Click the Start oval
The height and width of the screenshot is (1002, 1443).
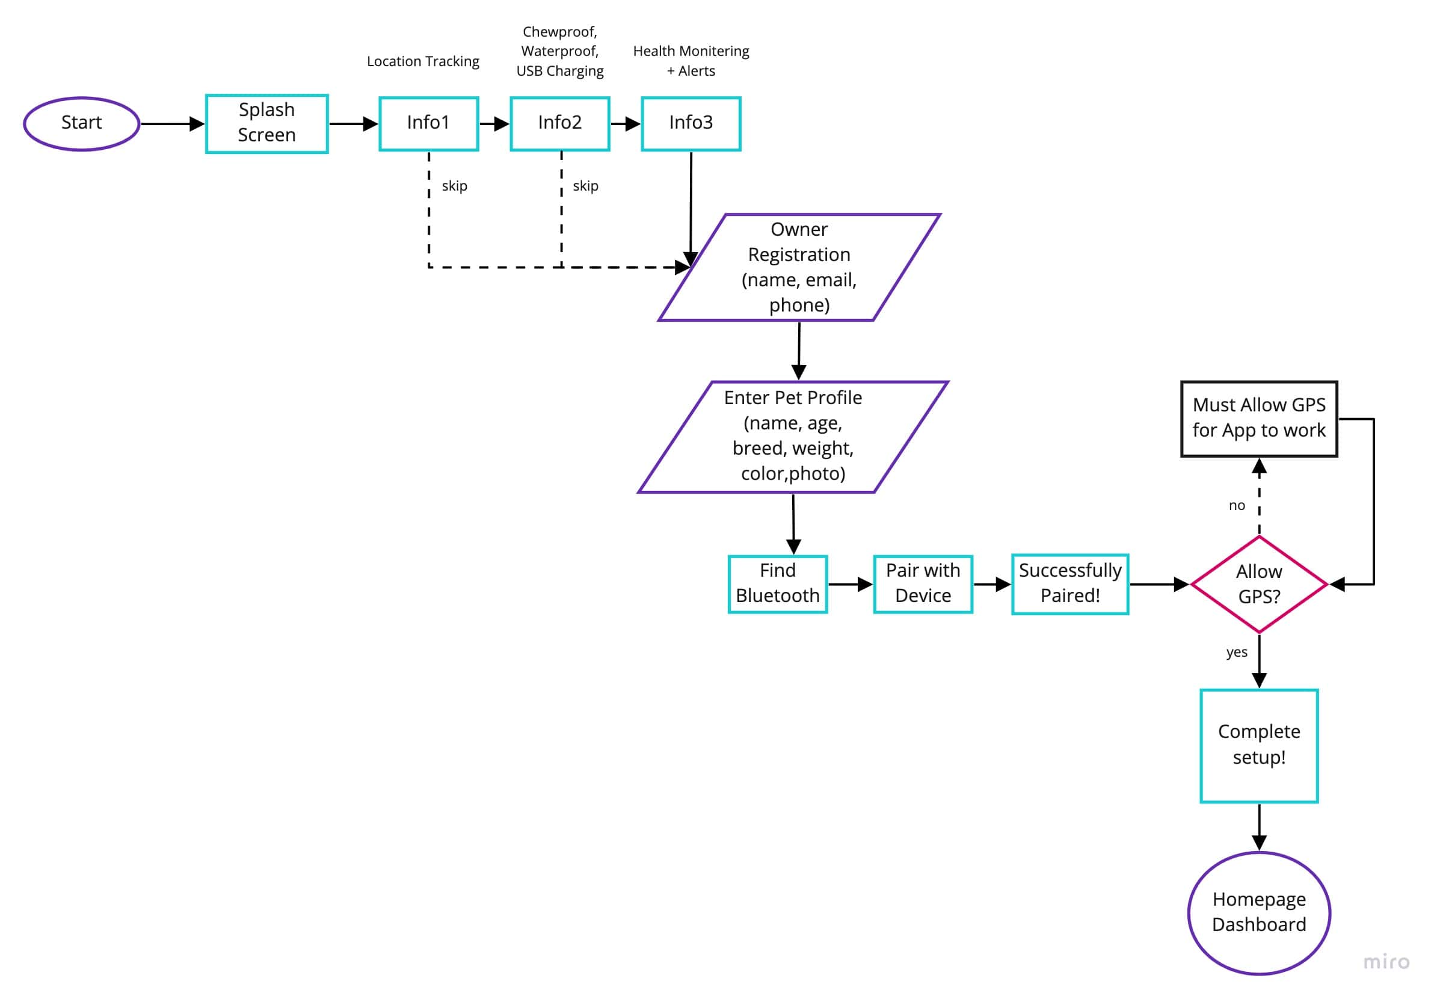coord(82,123)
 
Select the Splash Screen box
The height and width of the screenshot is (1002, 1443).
coord(266,123)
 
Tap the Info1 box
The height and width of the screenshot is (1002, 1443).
coord(428,123)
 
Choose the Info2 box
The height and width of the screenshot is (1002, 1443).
coord(559,123)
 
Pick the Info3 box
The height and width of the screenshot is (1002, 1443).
coord(690,123)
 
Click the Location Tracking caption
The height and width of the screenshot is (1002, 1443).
coord(423,61)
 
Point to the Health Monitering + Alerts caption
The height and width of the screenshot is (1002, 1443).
coord(690,61)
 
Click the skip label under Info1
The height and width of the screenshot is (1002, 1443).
coord(454,186)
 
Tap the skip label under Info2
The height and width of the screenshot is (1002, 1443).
coord(585,186)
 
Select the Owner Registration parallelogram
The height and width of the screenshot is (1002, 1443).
coord(798,267)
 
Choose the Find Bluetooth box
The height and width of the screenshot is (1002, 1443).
coord(777,583)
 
